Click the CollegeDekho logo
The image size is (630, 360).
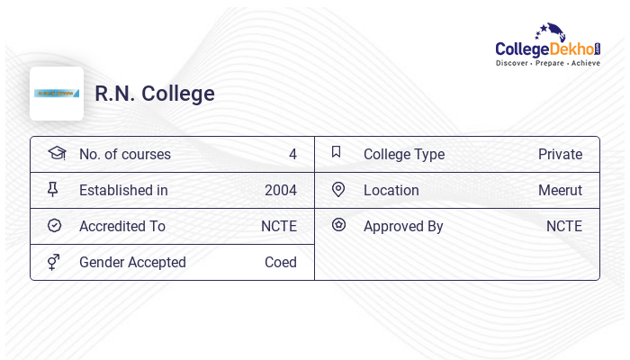click(x=547, y=46)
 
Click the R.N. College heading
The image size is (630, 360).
click(x=155, y=94)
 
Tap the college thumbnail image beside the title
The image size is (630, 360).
click(x=57, y=94)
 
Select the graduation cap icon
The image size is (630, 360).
click(x=56, y=153)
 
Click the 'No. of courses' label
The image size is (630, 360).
click(x=125, y=154)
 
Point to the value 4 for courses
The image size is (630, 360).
click(x=292, y=154)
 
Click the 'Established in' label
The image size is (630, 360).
click(x=123, y=190)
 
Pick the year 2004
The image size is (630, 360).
click(x=280, y=190)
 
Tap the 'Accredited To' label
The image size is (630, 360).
click(x=122, y=226)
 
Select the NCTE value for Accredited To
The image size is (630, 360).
click(x=279, y=226)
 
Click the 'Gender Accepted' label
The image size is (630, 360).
click(x=132, y=262)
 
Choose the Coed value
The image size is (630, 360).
click(x=280, y=262)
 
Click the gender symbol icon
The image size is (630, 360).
click(x=54, y=262)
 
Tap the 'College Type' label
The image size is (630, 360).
click(x=404, y=154)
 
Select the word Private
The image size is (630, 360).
click(x=560, y=154)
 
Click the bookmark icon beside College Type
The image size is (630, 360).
click(x=337, y=152)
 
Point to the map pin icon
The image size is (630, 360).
click(x=338, y=189)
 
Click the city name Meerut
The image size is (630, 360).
click(x=560, y=190)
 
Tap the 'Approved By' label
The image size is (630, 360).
click(x=403, y=226)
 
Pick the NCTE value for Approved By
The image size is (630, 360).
click(x=564, y=226)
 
